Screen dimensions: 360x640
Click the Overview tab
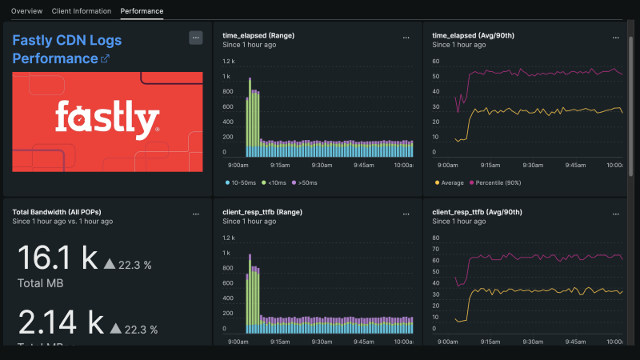tap(26, 11)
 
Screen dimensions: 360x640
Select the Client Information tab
tap(81, 11)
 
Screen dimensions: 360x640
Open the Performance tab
tap(142, 11)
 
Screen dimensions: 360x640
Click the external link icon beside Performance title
tap(104, 59)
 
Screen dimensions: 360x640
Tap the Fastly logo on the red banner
tap(107, 120)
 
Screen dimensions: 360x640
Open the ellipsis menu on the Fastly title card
tap(195, 38)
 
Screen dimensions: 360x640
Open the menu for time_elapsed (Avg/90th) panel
tap(615, 37)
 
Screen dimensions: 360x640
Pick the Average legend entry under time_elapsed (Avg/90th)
tap(450, 183)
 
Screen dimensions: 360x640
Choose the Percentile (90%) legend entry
tap(494, 183)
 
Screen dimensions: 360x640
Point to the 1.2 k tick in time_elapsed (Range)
tap(229, 61)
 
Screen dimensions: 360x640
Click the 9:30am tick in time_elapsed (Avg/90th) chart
tap(529, 165)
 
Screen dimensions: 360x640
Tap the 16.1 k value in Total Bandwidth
tap(56, 258)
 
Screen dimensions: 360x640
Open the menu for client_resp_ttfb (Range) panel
tap(406, 214)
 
